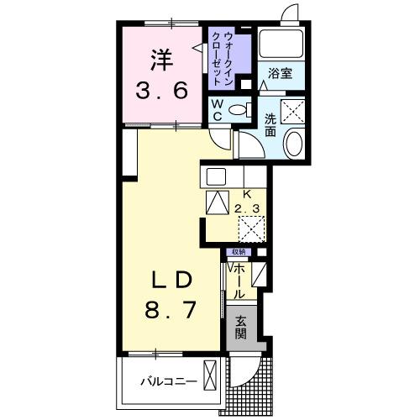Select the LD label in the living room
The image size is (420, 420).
175,280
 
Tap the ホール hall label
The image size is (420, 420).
240,280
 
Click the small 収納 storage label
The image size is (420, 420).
239,252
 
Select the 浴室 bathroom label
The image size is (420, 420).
280,74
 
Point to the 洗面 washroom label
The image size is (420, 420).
271,125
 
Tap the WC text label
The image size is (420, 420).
217,110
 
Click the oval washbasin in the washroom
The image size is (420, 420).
295,144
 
